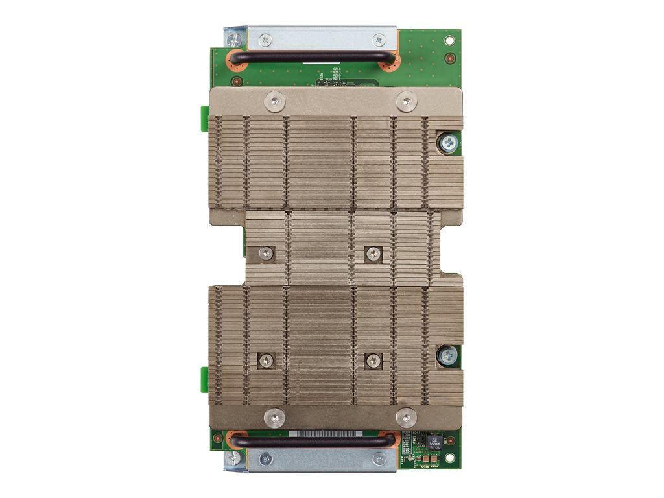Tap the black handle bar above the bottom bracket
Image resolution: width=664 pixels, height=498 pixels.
311,440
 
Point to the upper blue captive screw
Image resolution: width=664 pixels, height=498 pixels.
447,141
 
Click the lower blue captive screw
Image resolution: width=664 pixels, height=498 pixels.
447,355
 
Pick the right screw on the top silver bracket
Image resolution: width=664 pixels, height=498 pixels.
379,40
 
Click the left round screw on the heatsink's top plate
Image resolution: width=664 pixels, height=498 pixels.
276,101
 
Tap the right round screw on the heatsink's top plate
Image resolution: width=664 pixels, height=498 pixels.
407,101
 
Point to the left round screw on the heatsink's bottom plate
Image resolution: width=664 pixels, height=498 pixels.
276,418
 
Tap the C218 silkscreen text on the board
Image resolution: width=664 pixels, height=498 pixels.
337,69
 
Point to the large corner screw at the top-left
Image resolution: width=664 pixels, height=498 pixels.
235,40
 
